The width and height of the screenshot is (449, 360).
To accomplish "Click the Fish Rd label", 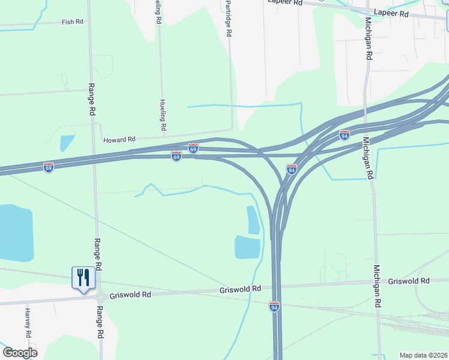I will click(72, 22).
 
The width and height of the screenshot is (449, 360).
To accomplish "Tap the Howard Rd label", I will click(119, 140).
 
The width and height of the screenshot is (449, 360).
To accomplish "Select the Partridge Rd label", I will click(228, 19).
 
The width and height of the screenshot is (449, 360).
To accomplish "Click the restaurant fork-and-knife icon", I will click(83, 278).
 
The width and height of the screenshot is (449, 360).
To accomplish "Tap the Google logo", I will click(20, 353).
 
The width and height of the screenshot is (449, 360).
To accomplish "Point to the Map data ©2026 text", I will click(423, 355).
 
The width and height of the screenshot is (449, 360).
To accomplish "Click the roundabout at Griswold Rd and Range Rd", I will click(99, 296).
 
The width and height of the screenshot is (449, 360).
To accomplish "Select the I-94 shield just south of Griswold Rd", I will click(274, 307).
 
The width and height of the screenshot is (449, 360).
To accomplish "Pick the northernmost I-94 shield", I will click(345, 135).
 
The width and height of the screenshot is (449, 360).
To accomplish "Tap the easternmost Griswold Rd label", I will click(409, 281).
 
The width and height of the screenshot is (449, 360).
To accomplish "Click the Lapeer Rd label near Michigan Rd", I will click(390, 12).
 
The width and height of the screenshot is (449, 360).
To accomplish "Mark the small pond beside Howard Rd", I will click(67, 143).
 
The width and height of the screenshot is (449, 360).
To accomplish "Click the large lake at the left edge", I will click(13, 233).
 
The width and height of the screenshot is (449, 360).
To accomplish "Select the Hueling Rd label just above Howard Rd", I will click(162, 115).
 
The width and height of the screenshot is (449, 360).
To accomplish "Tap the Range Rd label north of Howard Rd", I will click(92, 99).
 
